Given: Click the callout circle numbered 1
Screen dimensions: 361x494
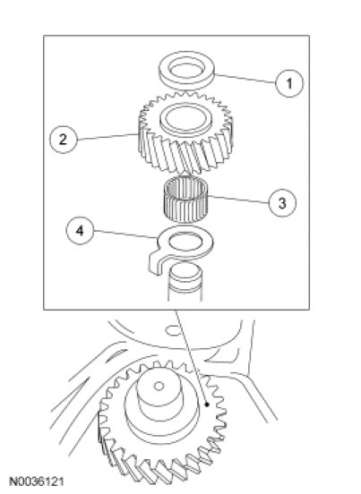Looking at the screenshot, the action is coord(289,83).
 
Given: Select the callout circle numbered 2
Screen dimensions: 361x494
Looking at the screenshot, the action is coord(63,140).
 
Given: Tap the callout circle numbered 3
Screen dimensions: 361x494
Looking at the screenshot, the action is coord(282,203).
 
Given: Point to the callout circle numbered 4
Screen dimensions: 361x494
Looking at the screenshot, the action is coord(80,230).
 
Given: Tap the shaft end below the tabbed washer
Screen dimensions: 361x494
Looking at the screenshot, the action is coord(185,282).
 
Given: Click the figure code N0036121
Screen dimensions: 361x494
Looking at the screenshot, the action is coord(37,481).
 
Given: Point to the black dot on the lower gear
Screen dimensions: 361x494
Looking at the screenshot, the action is coord(207,405).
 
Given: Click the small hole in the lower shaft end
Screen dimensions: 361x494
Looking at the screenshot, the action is coord(159,386).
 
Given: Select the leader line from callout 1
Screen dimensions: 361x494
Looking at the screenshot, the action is coord(245,79).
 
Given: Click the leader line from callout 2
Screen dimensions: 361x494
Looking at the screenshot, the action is coord(107,137).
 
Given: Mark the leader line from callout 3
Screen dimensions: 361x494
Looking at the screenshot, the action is coord(238,199).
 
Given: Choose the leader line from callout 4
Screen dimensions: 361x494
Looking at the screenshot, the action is coord(125,234).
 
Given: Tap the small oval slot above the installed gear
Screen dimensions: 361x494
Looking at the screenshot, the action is coord(173,330).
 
